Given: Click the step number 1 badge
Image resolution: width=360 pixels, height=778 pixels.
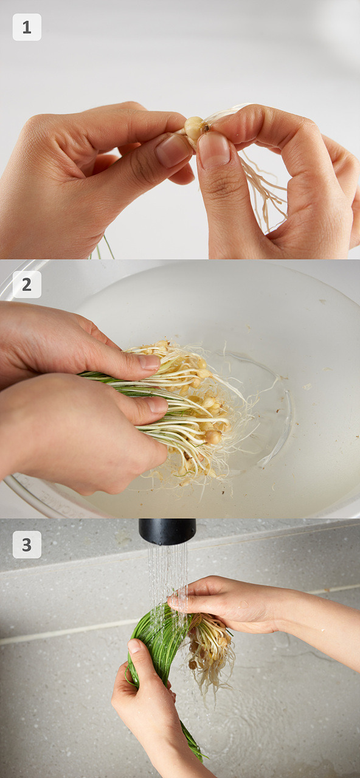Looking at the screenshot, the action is tap(27, 27).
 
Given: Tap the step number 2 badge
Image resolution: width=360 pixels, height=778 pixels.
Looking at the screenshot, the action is tap(27, 284).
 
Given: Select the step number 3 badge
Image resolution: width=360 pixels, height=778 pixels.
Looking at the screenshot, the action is tap(27, 545).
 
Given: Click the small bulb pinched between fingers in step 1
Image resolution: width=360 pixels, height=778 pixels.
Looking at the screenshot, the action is tap(195, 128).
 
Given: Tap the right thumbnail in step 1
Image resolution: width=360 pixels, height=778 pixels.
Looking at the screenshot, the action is tap(213, 150).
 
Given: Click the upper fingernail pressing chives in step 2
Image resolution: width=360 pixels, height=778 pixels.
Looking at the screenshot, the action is tap(150, 362).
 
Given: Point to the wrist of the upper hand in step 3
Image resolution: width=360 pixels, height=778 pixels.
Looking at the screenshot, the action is tap(288, 611).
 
